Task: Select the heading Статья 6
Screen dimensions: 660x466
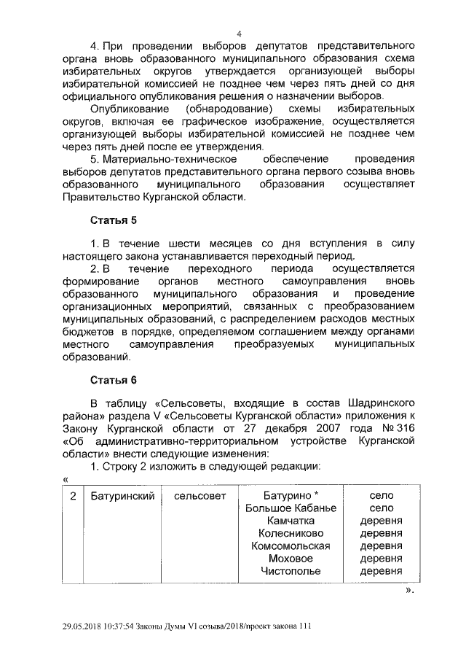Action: tap(113, 380)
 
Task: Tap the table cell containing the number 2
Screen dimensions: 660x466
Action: tap(74, 496)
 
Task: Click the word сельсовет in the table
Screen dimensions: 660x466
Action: tap(200, 496)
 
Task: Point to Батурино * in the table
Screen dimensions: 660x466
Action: tap(291, 496)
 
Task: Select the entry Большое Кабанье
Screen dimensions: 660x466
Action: tap(291, 508)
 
